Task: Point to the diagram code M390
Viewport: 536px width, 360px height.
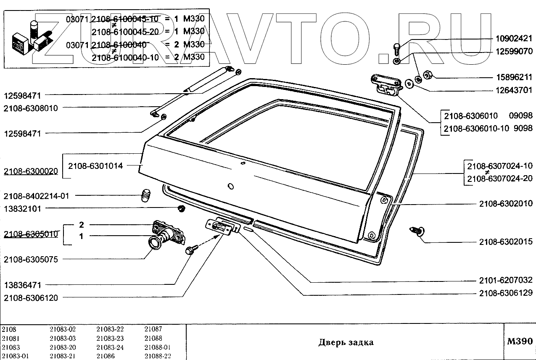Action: point(520,341)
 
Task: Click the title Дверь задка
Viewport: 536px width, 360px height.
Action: point(346,342)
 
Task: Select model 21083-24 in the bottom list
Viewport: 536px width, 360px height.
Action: point(110,347)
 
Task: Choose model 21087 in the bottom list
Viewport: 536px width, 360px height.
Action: point(153,329)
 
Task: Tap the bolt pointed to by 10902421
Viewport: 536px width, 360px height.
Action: point(397,49)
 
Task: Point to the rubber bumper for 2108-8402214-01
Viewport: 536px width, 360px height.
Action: point(145,196)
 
